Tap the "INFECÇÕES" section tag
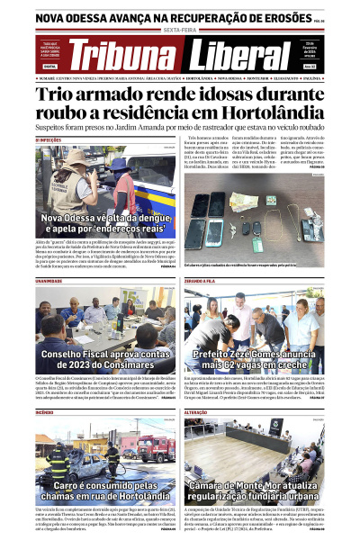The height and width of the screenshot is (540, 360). pos(49,139)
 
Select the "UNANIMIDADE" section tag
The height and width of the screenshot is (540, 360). pos(49,281)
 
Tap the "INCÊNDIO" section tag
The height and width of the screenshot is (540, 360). pos(45,414)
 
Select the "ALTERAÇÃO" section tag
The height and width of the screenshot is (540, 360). pos(197,414)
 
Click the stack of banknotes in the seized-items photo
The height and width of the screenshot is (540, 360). pos(238,201)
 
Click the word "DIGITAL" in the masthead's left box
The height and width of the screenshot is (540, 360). pos(50,66)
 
